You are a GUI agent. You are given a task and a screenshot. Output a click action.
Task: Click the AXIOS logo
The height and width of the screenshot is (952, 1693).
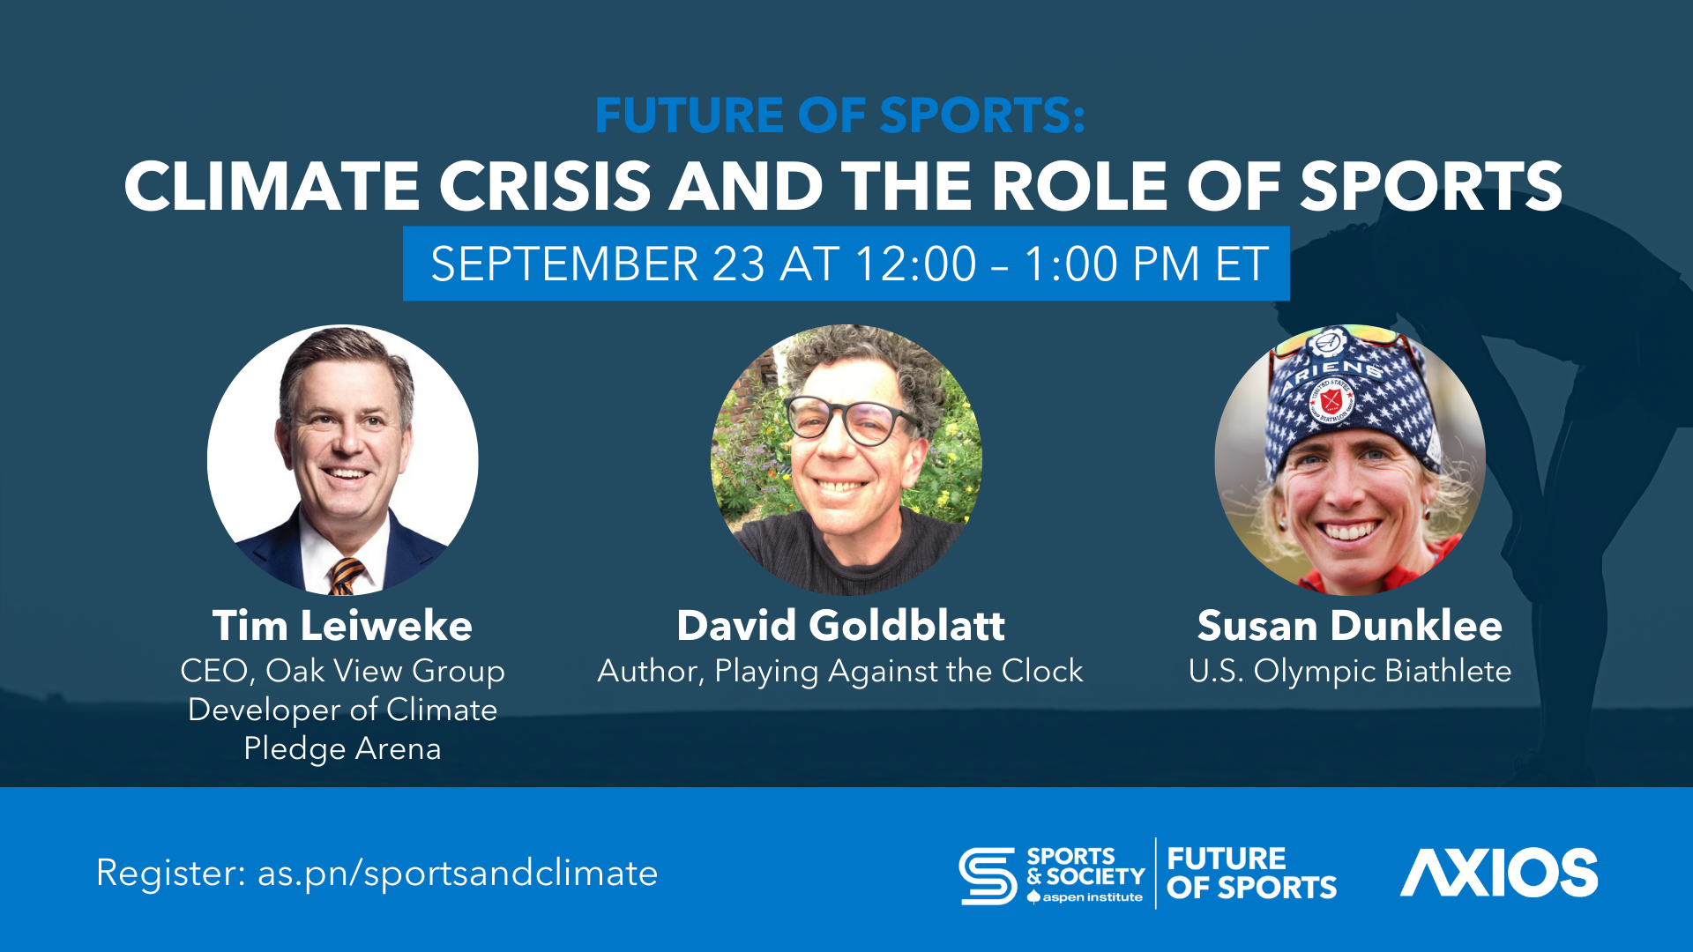(x=1499, y=873)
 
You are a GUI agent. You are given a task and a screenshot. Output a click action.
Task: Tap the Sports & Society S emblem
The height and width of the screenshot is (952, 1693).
(x=988, y=875)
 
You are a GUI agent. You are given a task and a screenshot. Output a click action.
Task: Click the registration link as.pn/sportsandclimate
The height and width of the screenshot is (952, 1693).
(x=458, y=874)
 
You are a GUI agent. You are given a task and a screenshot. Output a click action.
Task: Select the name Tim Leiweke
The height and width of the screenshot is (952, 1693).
(x=342, y=626)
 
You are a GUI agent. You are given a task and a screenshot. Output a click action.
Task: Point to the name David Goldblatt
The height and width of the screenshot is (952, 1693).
(x=840, y=626)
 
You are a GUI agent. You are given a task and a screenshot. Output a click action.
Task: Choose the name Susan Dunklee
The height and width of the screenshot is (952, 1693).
(x=1349, y=626)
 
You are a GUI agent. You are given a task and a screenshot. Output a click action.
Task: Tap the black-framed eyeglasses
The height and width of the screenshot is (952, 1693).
(x=848, y=420)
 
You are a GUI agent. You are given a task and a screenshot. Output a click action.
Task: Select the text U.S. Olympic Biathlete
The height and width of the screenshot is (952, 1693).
(x=1349, y=672)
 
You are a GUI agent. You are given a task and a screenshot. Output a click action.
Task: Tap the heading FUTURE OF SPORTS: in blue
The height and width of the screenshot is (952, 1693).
(x=839, y=115)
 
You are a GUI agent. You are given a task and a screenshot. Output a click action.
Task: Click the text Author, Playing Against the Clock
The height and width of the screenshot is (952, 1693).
(x=839, y=672)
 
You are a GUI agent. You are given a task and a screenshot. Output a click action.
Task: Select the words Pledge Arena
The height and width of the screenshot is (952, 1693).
(x=342, y=749)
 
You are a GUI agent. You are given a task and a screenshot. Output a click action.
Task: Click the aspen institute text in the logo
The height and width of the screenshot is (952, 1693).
(x=1093, y=897)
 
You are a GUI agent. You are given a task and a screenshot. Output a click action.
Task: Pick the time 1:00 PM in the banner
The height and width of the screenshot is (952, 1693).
(x=1112, y=264)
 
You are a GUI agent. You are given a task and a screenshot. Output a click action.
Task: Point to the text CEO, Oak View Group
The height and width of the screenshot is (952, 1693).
(x=342, y=672)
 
